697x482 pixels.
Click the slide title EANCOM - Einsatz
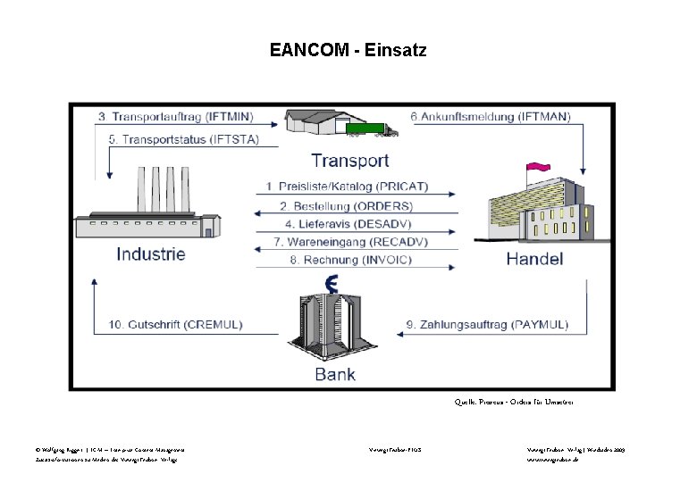click(x=348, y=51)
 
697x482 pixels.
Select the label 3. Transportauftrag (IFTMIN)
click(x=175, y=117)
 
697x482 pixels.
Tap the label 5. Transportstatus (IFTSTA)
click(x=183, y=140)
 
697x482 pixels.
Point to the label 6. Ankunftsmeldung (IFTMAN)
click(x=491, y=117)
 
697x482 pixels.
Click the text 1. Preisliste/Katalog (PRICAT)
click(x=347, y=187)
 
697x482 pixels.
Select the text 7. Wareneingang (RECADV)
click(x=350, y=242)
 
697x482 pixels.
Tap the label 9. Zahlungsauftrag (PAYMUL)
click(x=487, y=325)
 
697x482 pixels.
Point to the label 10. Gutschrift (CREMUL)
click(x=175, y=325)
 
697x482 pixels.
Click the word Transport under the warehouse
click(x=349, y=162)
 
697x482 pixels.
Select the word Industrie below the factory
click(x=151, y=254)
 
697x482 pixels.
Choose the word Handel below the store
click(x=534, y=260)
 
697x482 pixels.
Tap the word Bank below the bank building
click(x=335, y=375)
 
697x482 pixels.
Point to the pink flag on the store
click(x=538, y=167)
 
